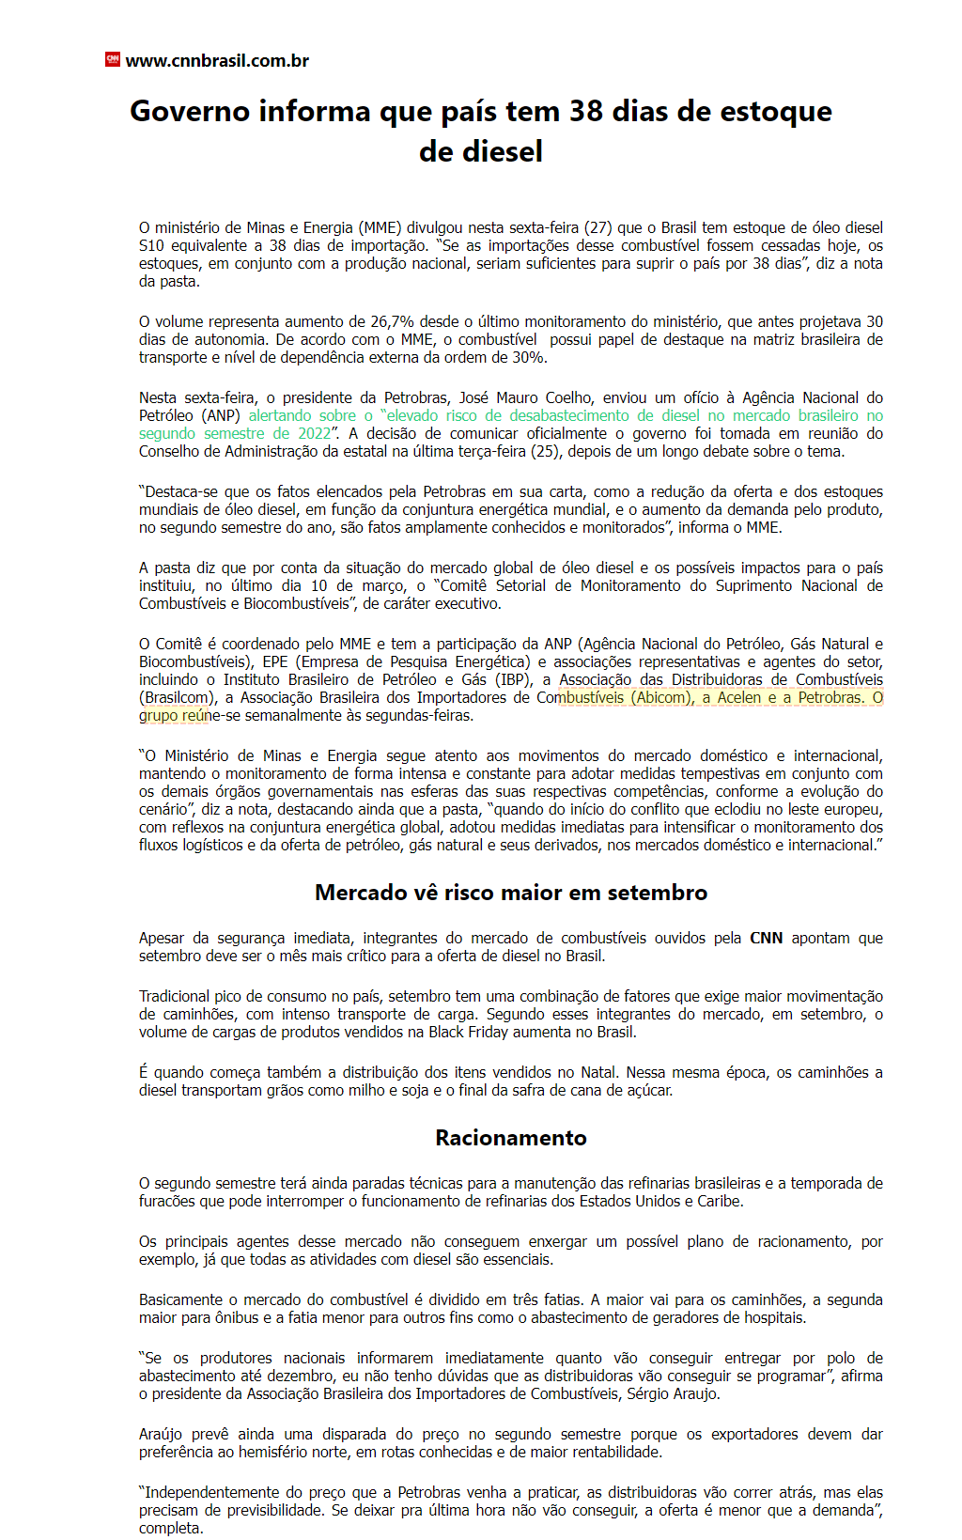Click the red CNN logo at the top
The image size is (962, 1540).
coord(113,60)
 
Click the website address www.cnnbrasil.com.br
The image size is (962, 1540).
coord(217,61)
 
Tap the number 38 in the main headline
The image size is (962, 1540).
coord(585,111)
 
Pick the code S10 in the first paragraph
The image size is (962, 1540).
coord(151,245)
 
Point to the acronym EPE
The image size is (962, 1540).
coord(276,661)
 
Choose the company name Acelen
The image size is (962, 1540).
coord(739,697)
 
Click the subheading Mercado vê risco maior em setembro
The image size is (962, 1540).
coord(511,893)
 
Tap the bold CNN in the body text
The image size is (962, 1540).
coord(766,938)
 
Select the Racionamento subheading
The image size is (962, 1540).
coord(511,1138)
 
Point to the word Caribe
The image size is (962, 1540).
coord(720,1201)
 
